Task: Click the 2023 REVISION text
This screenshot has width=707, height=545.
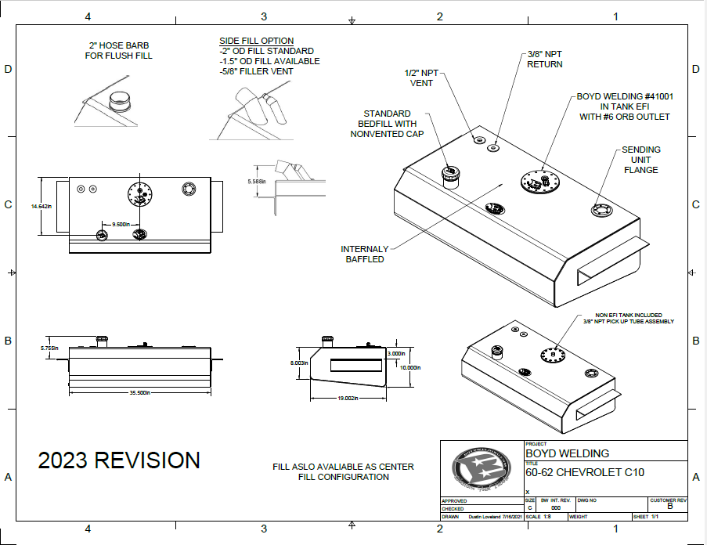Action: click(x=119, y=460)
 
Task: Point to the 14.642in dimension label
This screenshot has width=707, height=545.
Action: click(x=41, y=206)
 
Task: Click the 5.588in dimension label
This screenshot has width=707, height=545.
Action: click(x=257, y=182)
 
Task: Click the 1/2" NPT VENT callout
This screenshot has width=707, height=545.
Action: click(x=421, y=78)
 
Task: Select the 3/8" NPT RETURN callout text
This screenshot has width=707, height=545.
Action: click(x=544, y=59)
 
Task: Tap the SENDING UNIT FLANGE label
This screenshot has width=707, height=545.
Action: click(x=641, y=160)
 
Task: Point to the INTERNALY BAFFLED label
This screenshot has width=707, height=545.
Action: click(x=365, y=254)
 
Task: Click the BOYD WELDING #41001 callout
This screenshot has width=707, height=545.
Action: click(x=625, y=106)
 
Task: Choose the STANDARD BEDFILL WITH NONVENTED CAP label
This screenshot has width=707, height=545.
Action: click(x=387, y=124)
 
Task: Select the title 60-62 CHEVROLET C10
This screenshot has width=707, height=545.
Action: click(x=585, y=472)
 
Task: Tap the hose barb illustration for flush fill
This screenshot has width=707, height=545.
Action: click(x=120, y=103)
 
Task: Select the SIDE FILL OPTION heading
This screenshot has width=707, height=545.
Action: click(x=257, y=41)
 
